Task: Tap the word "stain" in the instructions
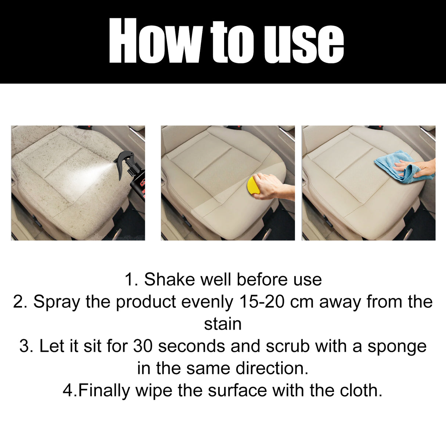223,324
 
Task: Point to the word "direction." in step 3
271,368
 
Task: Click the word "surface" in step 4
237,391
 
